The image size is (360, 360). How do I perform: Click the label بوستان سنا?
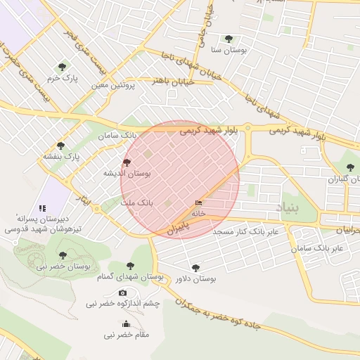[228, 51]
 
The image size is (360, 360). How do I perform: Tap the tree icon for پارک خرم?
[63, 67]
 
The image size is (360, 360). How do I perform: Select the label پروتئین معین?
[112, 85]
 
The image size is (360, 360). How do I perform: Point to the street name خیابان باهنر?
[174, 81]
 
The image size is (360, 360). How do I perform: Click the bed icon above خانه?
[198, 203]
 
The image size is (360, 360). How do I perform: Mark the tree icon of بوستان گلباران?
[350, 167]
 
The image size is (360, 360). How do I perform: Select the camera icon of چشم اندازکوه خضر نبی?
[123, 292]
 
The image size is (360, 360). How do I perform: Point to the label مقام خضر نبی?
[127, 335]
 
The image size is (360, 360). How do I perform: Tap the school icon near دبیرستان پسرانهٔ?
[42, 208]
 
